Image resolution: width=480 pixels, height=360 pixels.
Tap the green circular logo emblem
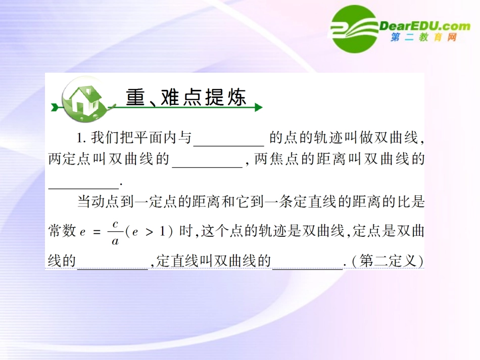tap(354, 29)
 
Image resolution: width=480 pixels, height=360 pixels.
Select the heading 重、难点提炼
tap(186, 97)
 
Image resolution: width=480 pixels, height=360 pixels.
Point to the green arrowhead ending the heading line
tap(258, 107)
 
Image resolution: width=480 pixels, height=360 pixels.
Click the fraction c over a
tap(115, 232)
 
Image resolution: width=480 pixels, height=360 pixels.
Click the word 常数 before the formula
tap(62, 232)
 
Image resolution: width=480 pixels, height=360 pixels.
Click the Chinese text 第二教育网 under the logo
tap(424, 37)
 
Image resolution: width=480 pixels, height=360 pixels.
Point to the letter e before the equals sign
tap(83, 233)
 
